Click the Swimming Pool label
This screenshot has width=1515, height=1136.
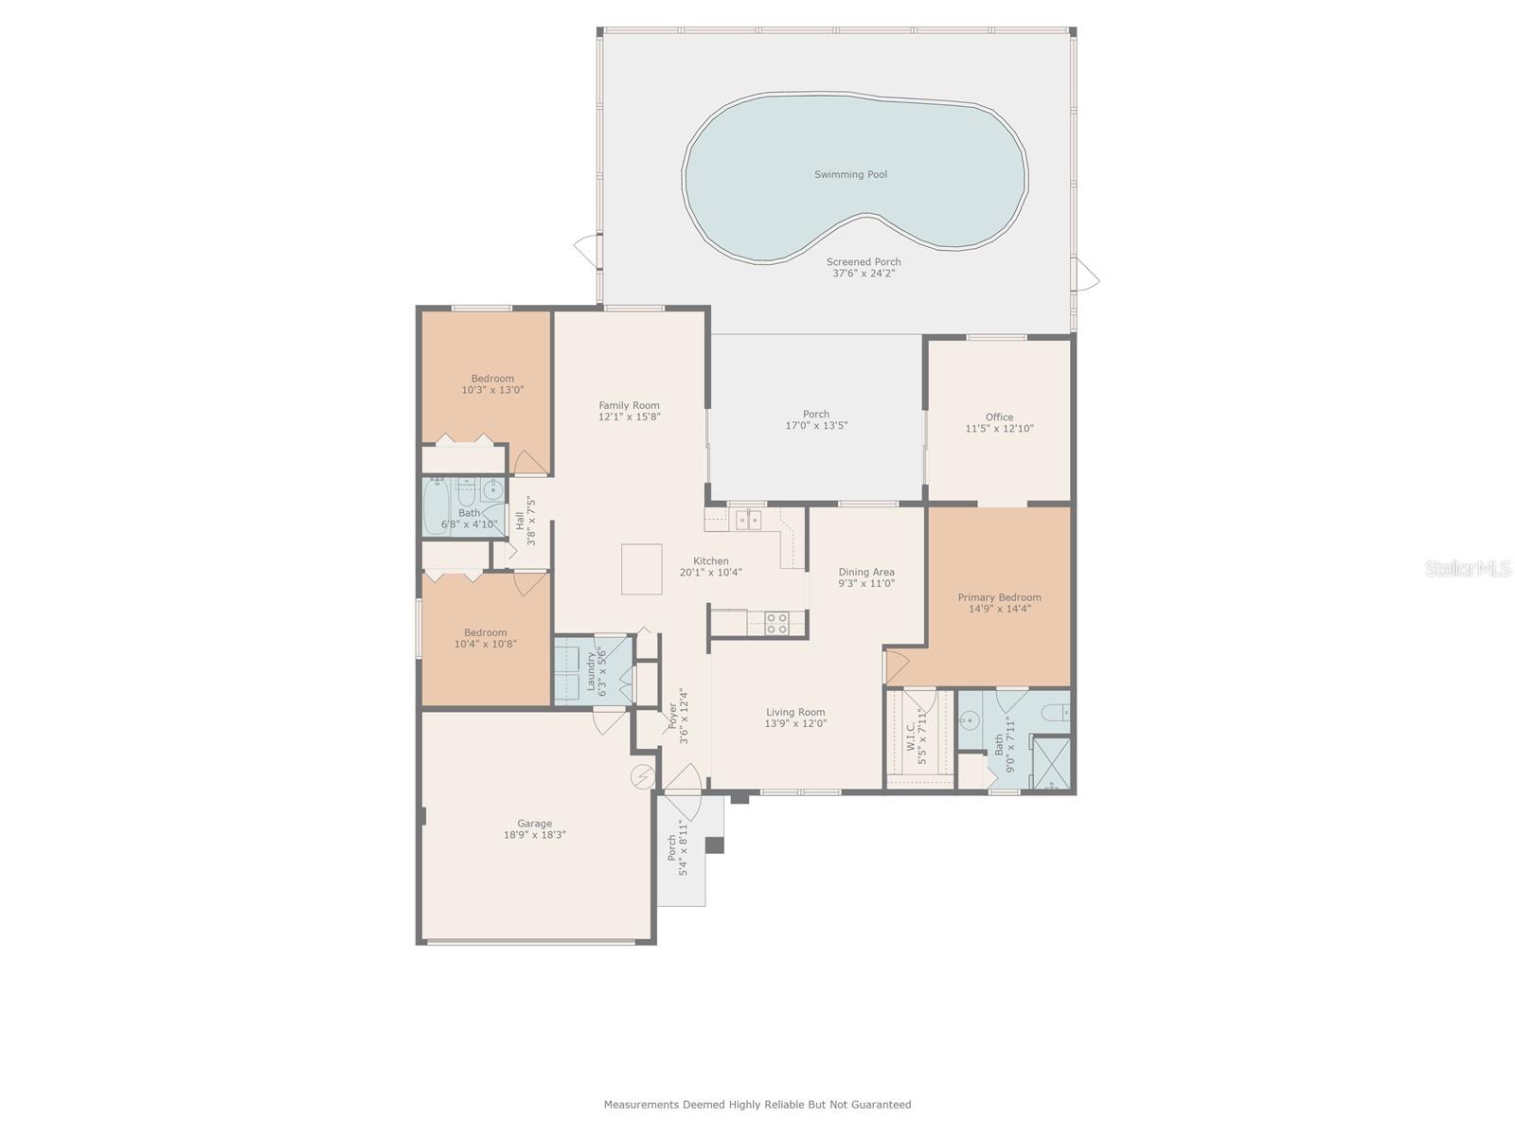click(850, 174)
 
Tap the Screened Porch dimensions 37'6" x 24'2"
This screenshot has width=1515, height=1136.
click(863, 274)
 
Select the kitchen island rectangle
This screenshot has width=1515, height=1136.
click(641, 569)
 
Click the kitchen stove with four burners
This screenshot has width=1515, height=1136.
click(776, 623)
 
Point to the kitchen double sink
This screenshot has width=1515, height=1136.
click(748, 519)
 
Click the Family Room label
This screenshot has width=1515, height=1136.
click(629, 405)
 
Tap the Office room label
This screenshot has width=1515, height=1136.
click(999, 417)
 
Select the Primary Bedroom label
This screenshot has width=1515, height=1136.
click(999, 597)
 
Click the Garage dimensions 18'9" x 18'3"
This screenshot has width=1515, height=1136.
click(535, 835)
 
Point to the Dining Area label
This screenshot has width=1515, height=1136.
click(866, 572)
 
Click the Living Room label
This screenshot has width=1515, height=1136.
click(795, 712)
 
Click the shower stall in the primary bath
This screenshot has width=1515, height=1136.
click(1049, 762)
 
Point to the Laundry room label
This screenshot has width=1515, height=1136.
click(591, 670)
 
